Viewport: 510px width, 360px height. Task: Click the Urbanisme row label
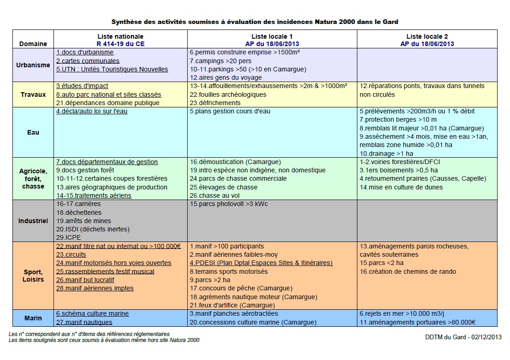coord(33,65)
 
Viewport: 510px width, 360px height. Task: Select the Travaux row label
coord(33,94)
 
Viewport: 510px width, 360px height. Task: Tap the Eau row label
coord(33,132)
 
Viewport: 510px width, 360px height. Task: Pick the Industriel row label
coord(33,221)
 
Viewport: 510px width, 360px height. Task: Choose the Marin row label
coord(33,318)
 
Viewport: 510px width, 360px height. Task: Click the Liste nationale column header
coord(120,36)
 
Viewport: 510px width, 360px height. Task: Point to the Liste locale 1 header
coord(272,36)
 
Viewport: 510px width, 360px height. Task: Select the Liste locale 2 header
coord(427,36)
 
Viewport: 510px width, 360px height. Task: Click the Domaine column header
coord(33,44)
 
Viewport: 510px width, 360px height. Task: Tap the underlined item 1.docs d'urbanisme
coord(85,52)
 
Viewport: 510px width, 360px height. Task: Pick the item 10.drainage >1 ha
coord(386,153)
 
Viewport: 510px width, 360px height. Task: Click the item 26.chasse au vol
coord(214,196)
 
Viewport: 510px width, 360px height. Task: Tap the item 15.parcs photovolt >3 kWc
coord(229,204)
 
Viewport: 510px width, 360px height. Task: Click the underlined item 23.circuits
coord(71,254)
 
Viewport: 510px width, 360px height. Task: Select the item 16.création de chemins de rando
coord(408,271)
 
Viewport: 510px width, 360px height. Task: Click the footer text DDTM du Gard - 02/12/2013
coord(463,337)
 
